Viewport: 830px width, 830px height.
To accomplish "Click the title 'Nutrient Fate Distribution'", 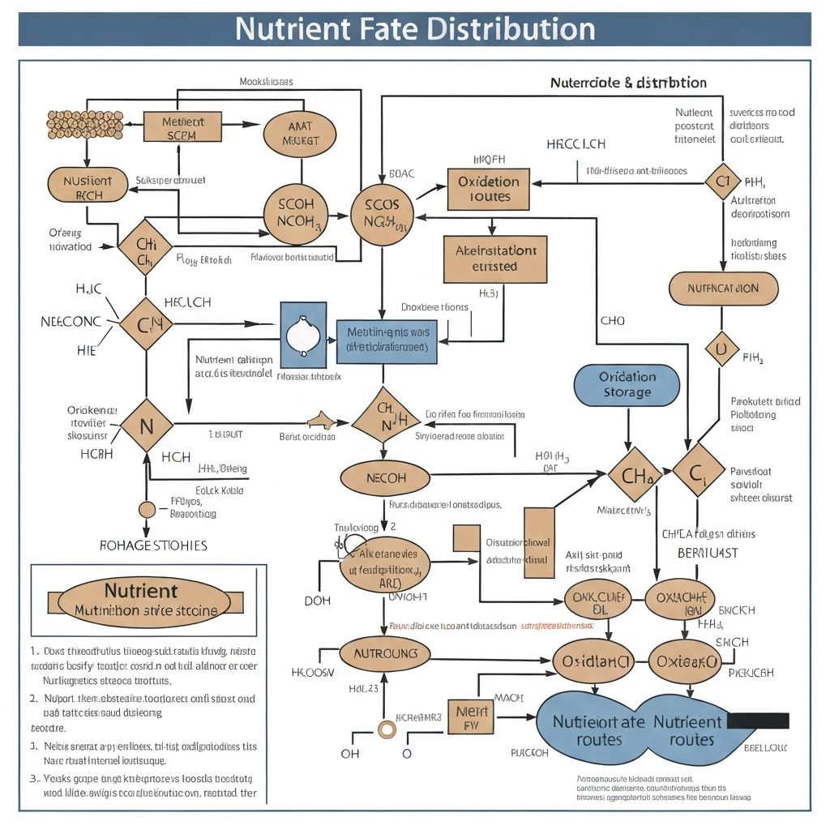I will pyautogui.click(x=415, y=29).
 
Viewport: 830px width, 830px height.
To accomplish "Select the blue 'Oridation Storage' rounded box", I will pyautogui.click(x=627, y=385).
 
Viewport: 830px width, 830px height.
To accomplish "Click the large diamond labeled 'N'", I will pyautogui.click(x=147, y=425).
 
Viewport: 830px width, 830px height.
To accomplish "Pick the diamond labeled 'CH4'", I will pyautogui.click(x=635, y=475).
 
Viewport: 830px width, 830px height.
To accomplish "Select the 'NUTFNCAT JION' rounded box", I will pyautogui.click(x=723, y=289).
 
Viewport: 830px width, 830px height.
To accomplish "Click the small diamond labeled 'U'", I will pyautogui.click(x=722, y=349).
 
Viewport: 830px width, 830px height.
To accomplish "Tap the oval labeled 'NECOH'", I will pyautogui.click(x=386, y=478).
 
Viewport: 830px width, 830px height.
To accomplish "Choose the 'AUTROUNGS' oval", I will pyautogui.click(x=386, y=653).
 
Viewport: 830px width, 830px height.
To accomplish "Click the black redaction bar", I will pyautogui.click(x=758, y=721).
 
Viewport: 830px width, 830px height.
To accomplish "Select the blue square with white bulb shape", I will pyautogui.click(x=303, y=334).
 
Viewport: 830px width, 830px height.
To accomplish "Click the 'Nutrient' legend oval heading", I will pyautogui.click(x=139, y=590).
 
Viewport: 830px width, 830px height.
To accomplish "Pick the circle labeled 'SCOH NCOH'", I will pyautogui.click(x=296, y=214).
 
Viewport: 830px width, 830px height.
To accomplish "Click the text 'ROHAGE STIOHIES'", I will pyautogui.click(x=153, y=545).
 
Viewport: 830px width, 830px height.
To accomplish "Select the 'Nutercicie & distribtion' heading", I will pyautogui.click(x=628, y=83).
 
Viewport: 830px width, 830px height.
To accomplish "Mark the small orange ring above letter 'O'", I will pyautogui.click(x=387, y=729).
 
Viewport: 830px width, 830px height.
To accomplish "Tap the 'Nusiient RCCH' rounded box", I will pyautogui.click(x=88, y=186).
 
